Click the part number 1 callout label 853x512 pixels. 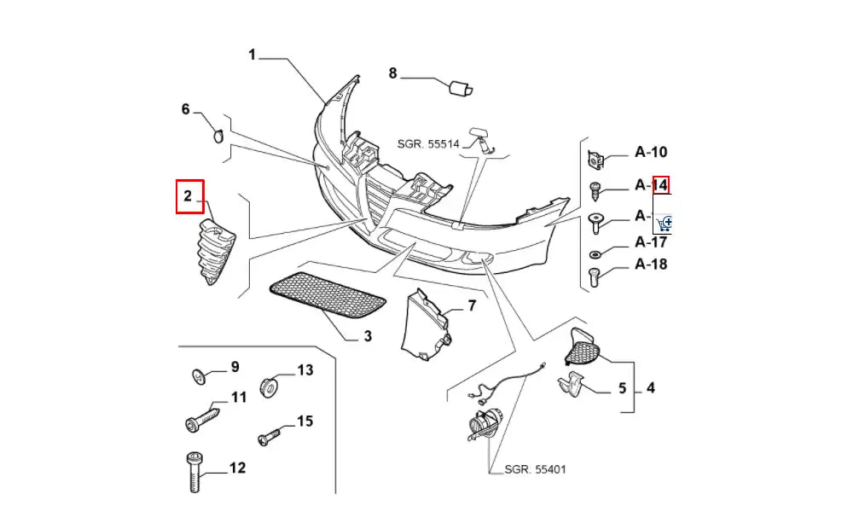pyautogui.click(x=252, y=55)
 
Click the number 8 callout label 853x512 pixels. pyautogui.click(x=393, y=73)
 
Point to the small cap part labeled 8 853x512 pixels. pyautogui.click(x=461, y=86)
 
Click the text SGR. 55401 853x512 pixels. pyautogui.click(x=535, y=468)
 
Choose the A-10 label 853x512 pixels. pyautogui.click(x=651, y=153)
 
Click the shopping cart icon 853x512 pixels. pyautogui.click(x=665, y=223)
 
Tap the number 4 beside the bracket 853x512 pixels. pyautogui.click(x=651, y=389)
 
